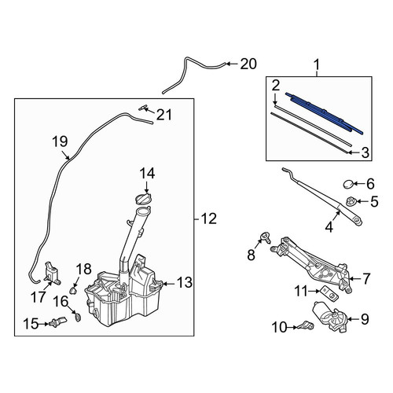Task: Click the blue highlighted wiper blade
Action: pyautogui.click(x=325, y=113)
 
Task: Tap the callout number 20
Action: pyautogui.click(x=248, y=64)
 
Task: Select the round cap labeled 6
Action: pyautogui.click(x=348, y=184)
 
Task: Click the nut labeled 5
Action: pyautogui.click(x=351, y=201)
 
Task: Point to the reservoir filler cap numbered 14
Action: pyautogui.click(x=144, y=198)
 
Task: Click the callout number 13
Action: pyautogui.click(x=185, y=282)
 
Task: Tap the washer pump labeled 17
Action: pyautogui.click(x=52, y=274)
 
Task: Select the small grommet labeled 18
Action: pyautogui.click(x=73, y=290)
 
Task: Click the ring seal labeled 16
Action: pyautogui.click(x=78, y=318)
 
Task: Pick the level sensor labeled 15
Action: pyautogui.click(x=58, y=322)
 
